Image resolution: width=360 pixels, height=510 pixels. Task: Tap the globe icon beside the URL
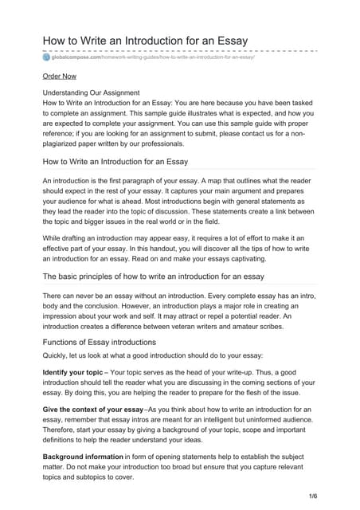point(46,58)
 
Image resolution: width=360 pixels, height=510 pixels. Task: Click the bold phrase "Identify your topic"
point(72,372)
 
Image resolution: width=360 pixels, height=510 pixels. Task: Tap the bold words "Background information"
point(83,457)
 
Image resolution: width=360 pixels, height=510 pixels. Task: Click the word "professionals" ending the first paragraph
point(184,144)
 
